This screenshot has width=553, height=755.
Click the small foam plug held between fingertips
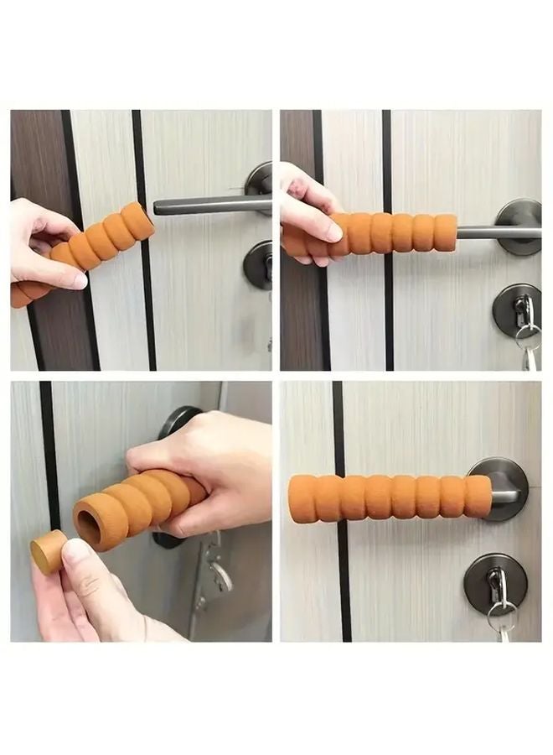(49, 550)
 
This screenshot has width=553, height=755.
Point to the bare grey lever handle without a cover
(209, 205)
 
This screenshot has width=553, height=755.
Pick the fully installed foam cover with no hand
(390, 497)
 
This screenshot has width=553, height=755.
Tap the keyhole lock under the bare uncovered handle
(258, 265)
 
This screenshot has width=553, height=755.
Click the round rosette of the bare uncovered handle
(261, 180)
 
